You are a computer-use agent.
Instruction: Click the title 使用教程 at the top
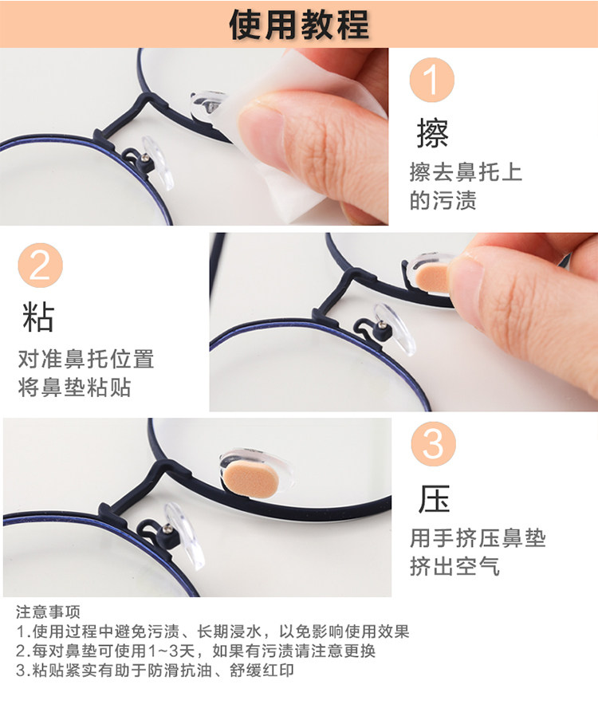click(x=299, y=24)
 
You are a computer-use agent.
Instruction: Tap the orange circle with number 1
click(x=432, y=80)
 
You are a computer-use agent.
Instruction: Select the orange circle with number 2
click(x=40, y=266)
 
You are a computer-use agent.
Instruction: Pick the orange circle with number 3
click(x=433, y=443)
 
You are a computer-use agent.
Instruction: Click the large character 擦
click(x=433, y=133)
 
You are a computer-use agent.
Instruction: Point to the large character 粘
click(x=38, y=317)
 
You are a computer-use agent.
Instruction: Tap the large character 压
click(x=434, y=498)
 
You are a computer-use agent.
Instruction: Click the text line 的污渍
click(x=443, y=200)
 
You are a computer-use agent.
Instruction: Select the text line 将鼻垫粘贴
click(x=74, y=387)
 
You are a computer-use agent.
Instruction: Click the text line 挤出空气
click(x=455, y=566)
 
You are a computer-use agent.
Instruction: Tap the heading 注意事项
click(x=48, y=612)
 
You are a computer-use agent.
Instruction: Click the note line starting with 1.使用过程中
click(x=213, y=631)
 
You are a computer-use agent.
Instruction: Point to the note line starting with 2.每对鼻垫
click(x=195, y=651)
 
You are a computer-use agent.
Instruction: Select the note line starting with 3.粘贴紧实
click(x=155, y=671)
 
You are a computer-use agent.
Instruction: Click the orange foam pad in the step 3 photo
click(x=250, y=478)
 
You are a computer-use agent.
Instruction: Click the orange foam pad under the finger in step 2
click(x=433, y=277)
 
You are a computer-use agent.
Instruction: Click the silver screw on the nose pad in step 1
click(x=145, y=158)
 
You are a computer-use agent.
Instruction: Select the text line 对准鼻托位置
click(x=86, y=359)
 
